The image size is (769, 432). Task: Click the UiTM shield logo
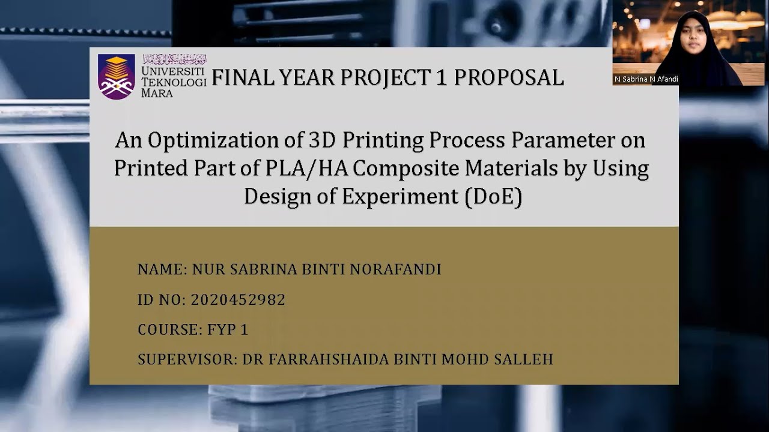click(x=117, y=76)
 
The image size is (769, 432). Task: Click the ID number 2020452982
click(x=238, y=299)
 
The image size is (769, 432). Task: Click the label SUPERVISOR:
click(x=187, y=359)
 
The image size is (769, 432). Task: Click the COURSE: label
click(x=171, y=329)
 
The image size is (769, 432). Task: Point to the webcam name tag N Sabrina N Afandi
click(x=646, y=79)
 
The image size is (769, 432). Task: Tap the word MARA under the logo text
click(x=157, y=93)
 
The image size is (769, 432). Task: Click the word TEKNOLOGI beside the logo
click(x=174, y=82)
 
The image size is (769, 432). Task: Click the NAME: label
click(x=162, y=269)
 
